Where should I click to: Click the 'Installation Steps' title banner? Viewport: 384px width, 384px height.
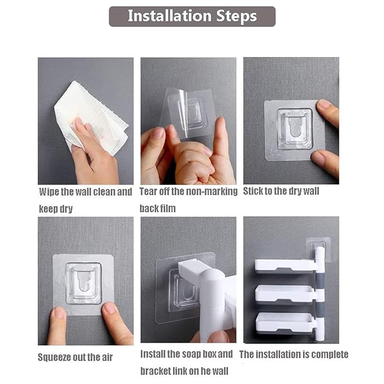(192, 16)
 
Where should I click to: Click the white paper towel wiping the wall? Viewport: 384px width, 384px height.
(91, 118)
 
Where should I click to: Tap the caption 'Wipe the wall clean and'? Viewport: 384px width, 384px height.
(85, 192)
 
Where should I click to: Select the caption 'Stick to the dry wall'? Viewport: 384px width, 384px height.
(281, 191)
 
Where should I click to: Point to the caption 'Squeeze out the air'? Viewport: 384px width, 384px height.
(75, 357)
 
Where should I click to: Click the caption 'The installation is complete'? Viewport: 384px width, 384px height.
(294, 355)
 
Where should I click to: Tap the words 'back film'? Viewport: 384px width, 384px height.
(157, 209)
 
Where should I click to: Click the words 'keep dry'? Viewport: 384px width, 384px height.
(56, 209)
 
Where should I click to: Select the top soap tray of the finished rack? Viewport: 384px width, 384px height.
(284, 266)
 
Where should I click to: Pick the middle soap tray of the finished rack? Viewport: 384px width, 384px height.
(285, 295)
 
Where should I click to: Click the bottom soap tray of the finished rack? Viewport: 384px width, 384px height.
(285, 323)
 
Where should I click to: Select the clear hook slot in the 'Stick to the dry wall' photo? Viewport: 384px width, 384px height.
(295, 129)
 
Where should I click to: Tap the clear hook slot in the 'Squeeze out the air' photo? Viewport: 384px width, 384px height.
(84, 283)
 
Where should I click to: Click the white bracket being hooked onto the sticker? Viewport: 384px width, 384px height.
(208, 294)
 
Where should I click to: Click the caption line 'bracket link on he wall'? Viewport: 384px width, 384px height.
(184, 371)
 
